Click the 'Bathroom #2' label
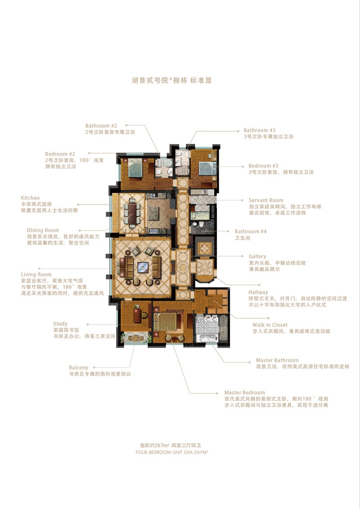(101, 126)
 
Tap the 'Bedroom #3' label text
(263, 166)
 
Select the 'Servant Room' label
(266, 200)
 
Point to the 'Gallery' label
(257, 256)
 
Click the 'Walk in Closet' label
(270, 325)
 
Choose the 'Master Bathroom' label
(277, 360)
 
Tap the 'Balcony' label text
(78, 368)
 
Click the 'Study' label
(60, 324)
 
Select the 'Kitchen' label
(30, 198)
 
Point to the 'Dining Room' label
(43, 230)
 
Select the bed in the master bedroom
(166, 321)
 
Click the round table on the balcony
(135, 339)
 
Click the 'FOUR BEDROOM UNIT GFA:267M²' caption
(171, 452)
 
